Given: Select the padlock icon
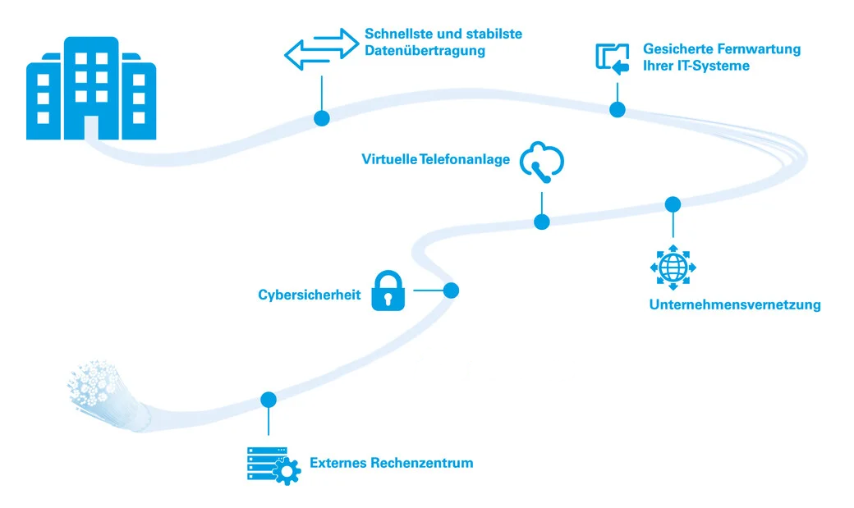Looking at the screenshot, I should tap(388, 291).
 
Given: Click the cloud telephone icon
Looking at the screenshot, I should tap(542, 160).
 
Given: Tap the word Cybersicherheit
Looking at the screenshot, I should tap(310, 295).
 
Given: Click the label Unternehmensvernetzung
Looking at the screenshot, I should tap(734, 305).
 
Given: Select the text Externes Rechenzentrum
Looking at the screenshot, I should tap(391, 463).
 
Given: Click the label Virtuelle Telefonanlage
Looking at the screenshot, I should tap(436, 158).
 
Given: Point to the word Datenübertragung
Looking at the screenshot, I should tap(425, 51).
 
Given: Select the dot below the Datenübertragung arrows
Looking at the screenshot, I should tap(322, 118).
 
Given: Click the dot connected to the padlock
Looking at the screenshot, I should tap(450, 290).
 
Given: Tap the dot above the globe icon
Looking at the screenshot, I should tap(673, 204).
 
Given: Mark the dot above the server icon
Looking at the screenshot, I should tap(269, 400).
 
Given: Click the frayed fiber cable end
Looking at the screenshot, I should tap(103, 386).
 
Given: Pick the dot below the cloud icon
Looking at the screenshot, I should tap(541, 222).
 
